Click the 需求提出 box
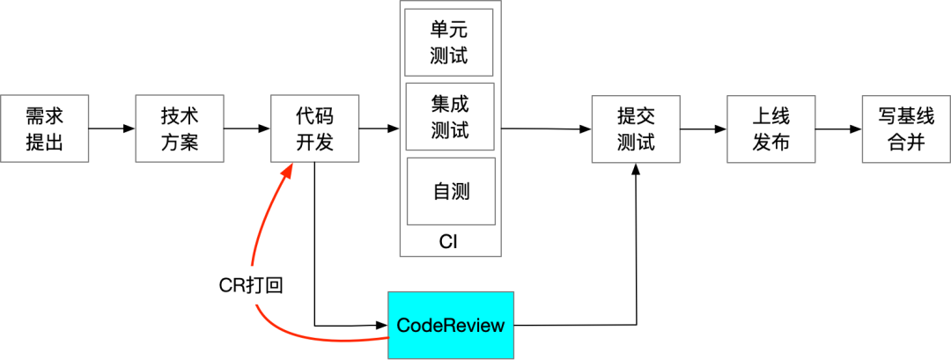coord(45,129)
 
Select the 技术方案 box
coord(180,129)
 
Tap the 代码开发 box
coord(315,129)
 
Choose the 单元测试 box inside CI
coord(449,42)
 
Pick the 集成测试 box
coord(450,117)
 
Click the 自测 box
coord(451,191)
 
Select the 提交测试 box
coord(636,129)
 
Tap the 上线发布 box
coord(771,129)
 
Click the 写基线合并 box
coord(906,129)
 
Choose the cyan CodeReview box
coord(451,325)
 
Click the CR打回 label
coord(251,285)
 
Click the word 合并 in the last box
coord(906,142)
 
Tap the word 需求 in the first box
coord(45,116)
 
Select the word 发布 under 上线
coord(771,142)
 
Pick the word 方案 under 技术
coord(180,142)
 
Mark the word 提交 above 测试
coord(636,116)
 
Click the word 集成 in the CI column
coord(450,105)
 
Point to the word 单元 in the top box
coord(449,30)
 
